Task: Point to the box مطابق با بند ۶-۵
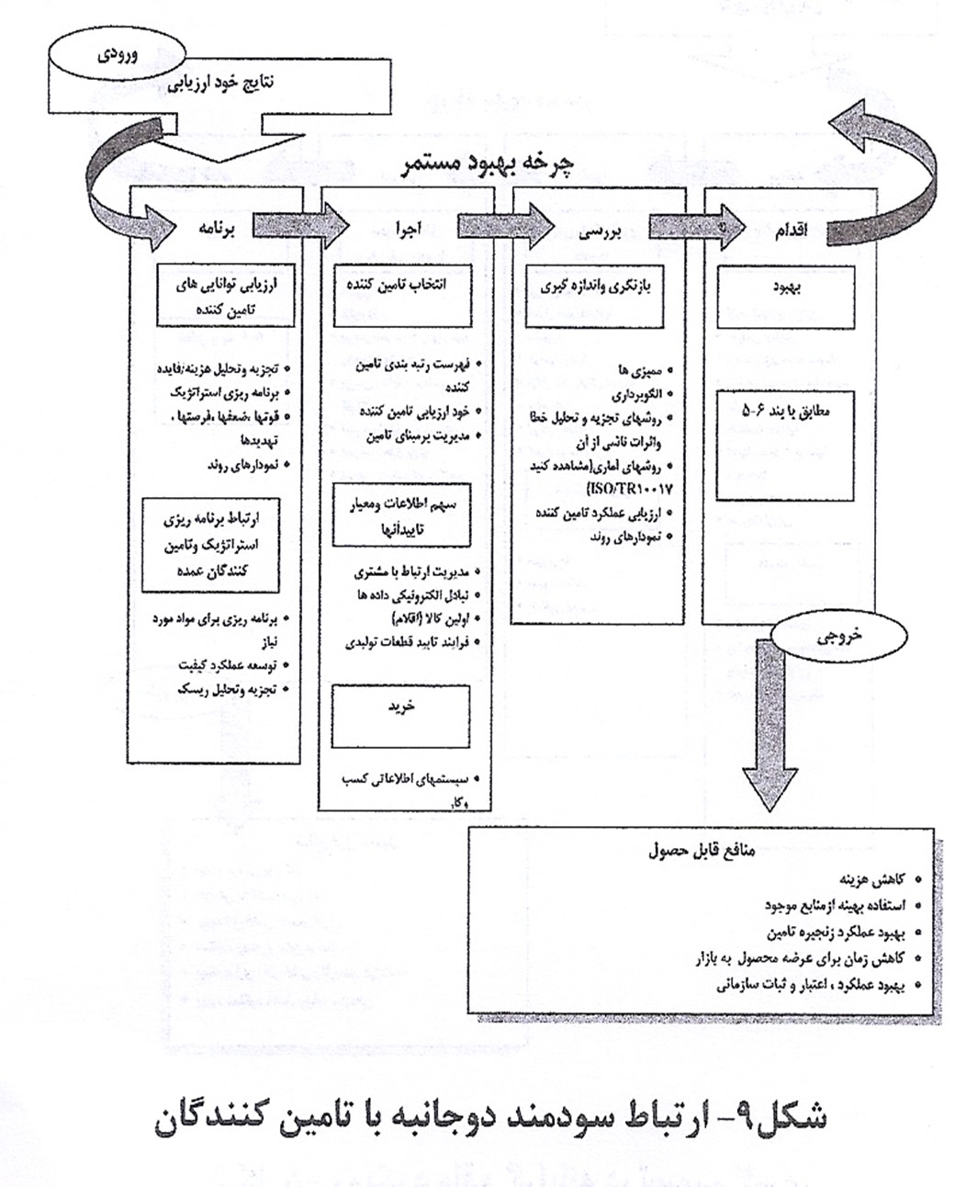tap(786, 444)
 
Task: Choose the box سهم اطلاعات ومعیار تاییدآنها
tap(401, 515)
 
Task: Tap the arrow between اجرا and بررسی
tap(504, 226)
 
